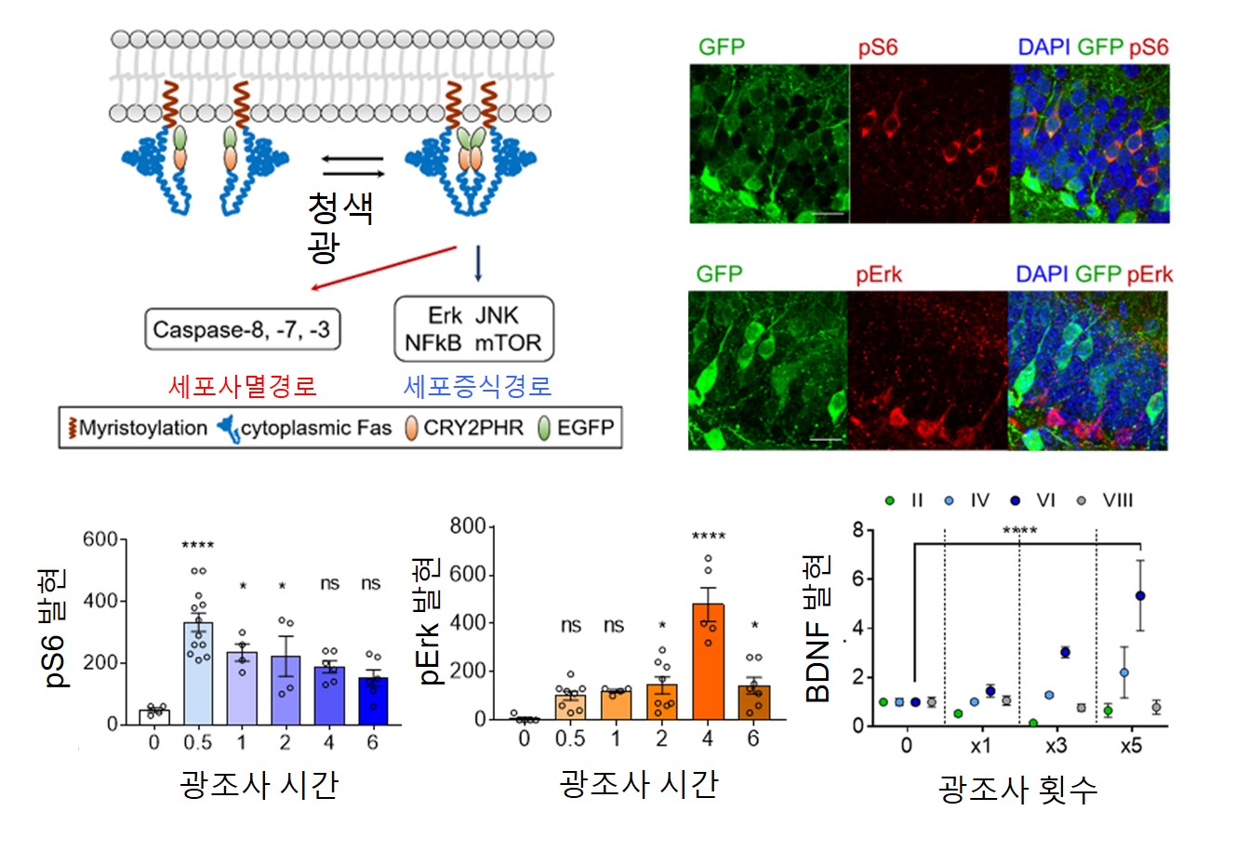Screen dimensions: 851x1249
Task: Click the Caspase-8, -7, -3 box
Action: point(242,329)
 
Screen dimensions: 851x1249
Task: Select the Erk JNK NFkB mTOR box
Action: point(473,328)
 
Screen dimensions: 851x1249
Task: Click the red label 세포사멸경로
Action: point(243,385)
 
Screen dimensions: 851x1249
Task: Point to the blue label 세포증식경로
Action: point(477,385)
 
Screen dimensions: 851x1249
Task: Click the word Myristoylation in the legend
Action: point(143,428)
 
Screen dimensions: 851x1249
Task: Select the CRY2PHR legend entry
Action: point(472,428)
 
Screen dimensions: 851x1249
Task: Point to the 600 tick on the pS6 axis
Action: point(100,539)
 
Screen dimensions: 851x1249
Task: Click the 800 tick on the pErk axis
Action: point(468,527)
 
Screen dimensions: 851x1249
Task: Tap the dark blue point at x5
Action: point(1140,595)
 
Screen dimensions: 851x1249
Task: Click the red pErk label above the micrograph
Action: point(879,274)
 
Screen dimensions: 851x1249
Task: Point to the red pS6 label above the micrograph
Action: point(877,47)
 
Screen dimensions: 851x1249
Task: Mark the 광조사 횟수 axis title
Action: point(1018,789)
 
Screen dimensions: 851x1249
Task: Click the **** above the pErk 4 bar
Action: point(709,536)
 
